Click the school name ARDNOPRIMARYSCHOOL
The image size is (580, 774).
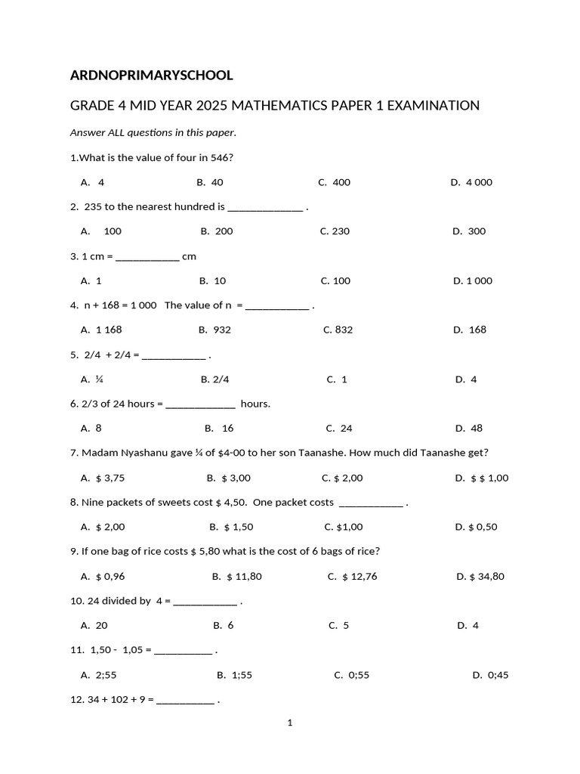pyautogui.click(x=151, y=76)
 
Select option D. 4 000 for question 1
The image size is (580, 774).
pyautogui.click(x=471, y=182)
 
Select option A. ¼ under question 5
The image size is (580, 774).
pyautogui.click(x=92, y=379)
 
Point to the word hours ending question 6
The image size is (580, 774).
pyautogui.click(x=255, y=404)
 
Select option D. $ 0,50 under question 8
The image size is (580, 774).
pyautogui.click(x=476, y=527)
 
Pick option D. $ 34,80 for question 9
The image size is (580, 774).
pyautogui.click(x=480, y=576)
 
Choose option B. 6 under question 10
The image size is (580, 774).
pyautogui.click(x=224, y=625)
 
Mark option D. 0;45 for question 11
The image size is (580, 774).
pyautogui.click(x=490, y=675)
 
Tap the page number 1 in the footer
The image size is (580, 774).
pyautogui.click(x=289, y=723)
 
